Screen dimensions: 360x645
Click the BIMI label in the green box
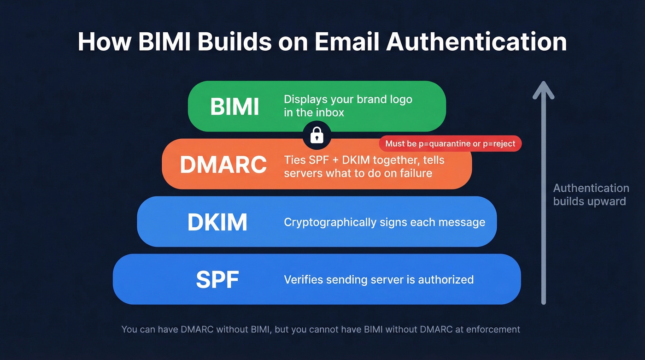point(235,106)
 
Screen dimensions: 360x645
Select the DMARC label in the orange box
point(223,165)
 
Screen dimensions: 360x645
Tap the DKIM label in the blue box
point(217,222)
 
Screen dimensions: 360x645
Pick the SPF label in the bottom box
point(217,279)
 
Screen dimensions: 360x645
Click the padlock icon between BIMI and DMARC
point(317,136)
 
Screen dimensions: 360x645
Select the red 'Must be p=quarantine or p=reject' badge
point(450,144)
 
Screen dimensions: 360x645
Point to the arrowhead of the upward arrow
point(543,90)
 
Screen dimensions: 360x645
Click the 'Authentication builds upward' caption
point(591,195)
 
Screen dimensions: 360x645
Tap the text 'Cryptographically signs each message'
point(384,222)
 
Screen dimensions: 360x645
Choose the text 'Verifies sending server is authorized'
point(378,279)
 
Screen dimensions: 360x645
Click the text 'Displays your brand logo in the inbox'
point(348,106)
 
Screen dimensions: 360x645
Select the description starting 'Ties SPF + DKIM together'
point(364,166)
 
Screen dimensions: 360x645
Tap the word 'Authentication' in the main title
point(476,41)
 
